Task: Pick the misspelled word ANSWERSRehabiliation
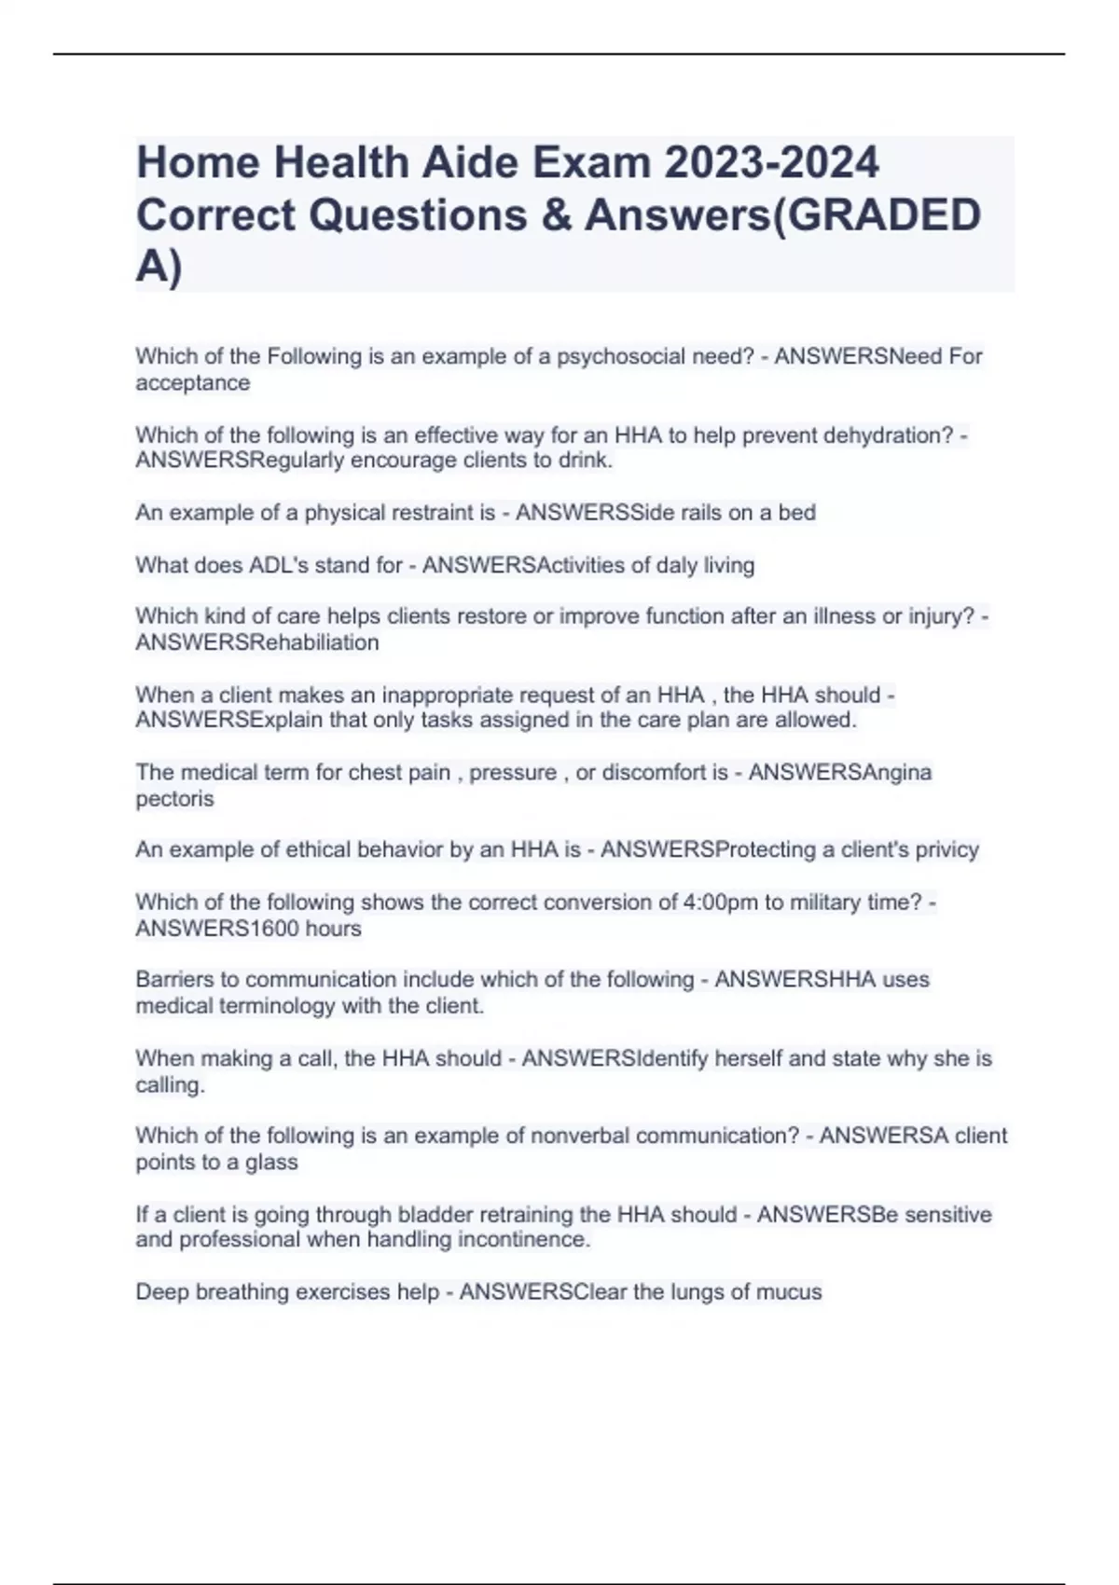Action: tap(257, 642)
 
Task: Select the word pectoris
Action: tap(174, 799)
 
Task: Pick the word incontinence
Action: tap(533, 1240)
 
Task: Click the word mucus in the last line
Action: tap(789, 1292)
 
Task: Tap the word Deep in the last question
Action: tap(162, 1292)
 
